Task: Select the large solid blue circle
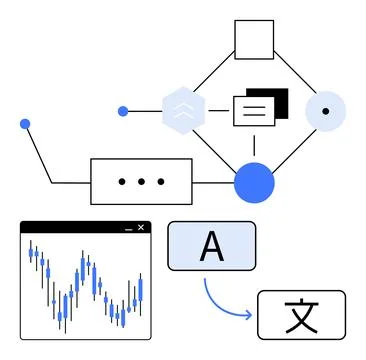[254, 182]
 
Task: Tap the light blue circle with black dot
[325, 111]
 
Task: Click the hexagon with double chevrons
[183, 111]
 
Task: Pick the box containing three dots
[141, 182]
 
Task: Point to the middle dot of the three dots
[141, 182]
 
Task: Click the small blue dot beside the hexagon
[124, 111]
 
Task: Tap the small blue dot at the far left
[25, 124]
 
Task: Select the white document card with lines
[252, 111]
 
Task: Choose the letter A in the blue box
[211, 246]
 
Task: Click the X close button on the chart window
[142, 228]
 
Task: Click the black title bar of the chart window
[70, 228]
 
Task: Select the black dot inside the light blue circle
[325, 111]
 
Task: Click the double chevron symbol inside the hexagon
[183, 112]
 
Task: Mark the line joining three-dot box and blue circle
[213, 182]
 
